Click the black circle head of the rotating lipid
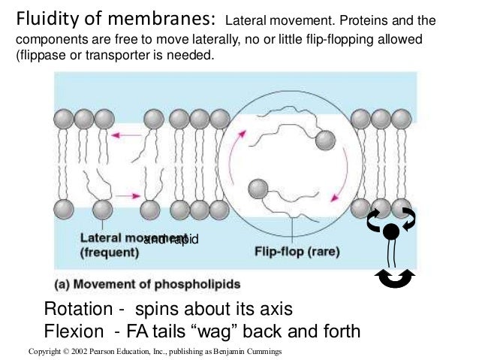[x=391, y=231]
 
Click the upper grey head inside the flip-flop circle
[x=324, y=140]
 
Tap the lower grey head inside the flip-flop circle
[x=259, y=186]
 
